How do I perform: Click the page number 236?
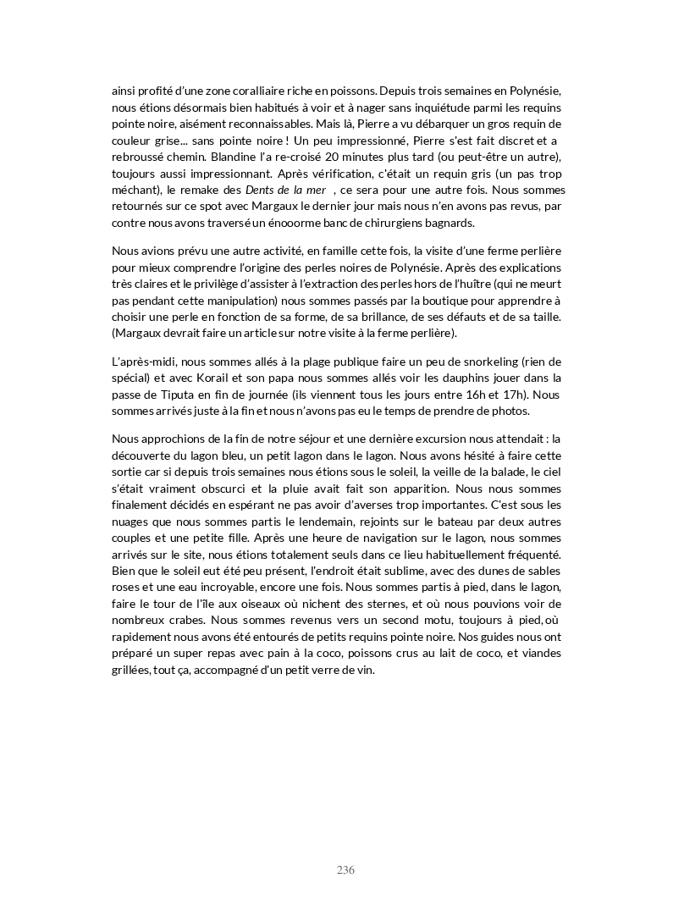(x=345, y=870)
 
